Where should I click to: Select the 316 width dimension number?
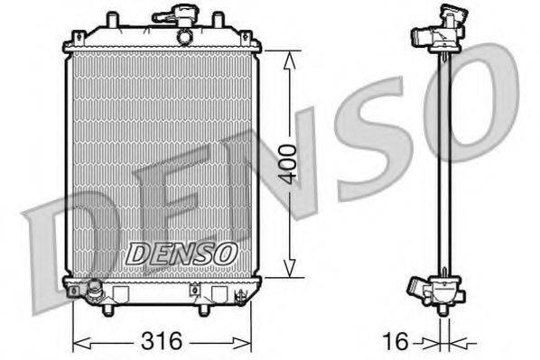163,341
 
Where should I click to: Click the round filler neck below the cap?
185,37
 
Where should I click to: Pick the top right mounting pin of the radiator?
218,19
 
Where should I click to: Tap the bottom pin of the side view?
442,310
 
